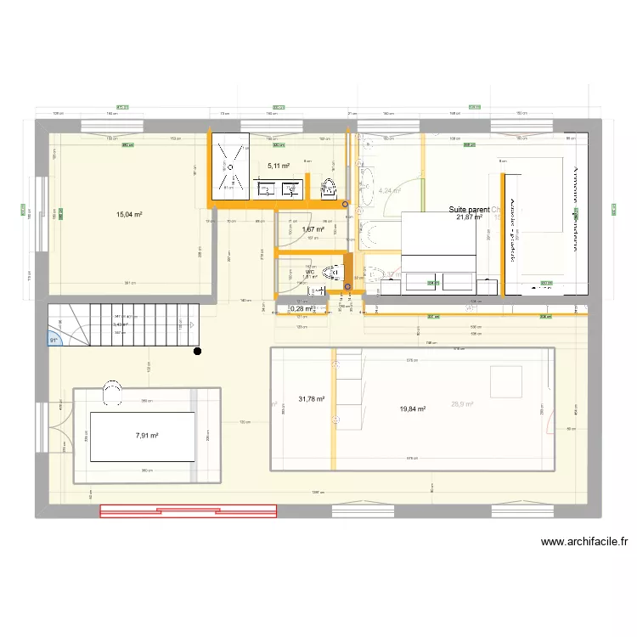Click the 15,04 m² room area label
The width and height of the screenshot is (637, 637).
(129, 215)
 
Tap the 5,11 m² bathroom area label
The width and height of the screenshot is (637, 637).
(279, 166)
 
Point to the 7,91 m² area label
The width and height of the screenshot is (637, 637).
(147, 436)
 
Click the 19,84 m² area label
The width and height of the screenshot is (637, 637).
(412, 409)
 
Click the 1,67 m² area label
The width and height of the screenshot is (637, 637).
(313, 229)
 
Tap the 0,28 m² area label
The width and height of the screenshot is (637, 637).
(302, 309)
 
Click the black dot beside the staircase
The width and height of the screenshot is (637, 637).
(197, 351)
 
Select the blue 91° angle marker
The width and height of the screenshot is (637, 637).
(54, 341)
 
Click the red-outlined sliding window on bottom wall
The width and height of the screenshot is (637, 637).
(189, 510)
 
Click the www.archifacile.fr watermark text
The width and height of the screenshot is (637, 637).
(584, 542)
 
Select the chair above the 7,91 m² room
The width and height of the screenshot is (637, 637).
(111, 390)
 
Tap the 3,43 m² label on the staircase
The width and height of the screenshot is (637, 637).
(121, 324)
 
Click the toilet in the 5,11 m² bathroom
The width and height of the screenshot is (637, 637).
(330, 189)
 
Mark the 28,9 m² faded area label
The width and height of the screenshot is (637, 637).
(463, 404)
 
